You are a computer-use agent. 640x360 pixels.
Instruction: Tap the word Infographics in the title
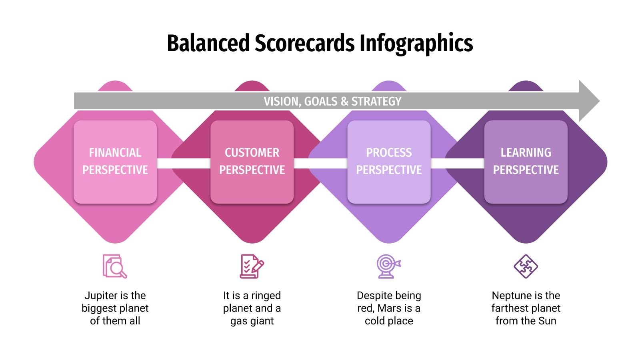coord(416,43)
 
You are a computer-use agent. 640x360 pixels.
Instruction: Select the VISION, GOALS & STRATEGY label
coord(332,101)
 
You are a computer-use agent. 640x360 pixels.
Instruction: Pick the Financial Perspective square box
coord(115,162)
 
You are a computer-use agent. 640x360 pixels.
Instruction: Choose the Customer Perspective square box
coord(252,162)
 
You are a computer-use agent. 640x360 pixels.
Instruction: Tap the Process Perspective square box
coord(389,162)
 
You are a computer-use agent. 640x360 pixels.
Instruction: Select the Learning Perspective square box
coord(526,162)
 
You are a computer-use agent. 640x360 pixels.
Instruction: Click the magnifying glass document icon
coord(115,266)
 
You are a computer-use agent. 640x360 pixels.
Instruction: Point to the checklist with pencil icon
coord(252,266)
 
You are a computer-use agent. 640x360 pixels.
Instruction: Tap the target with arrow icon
coord(388,266)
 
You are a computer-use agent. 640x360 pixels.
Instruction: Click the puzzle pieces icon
coord(526,266)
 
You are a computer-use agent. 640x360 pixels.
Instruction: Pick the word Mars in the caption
coord(389,308)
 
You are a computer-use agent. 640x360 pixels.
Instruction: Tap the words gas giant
coord(252,321)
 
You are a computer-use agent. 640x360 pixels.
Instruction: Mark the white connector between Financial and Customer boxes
coord(184,163)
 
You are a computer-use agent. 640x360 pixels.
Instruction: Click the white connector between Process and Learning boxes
coord(457,163)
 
